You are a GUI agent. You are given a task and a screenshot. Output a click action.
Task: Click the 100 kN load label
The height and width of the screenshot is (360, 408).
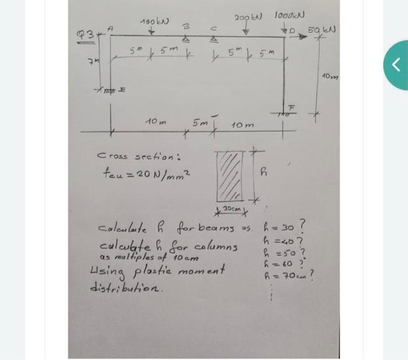[154, 22]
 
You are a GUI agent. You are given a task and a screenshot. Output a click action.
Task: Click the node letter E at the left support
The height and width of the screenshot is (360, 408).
[123, 89]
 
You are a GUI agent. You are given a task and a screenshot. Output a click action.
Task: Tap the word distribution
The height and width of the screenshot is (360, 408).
[125, 288]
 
